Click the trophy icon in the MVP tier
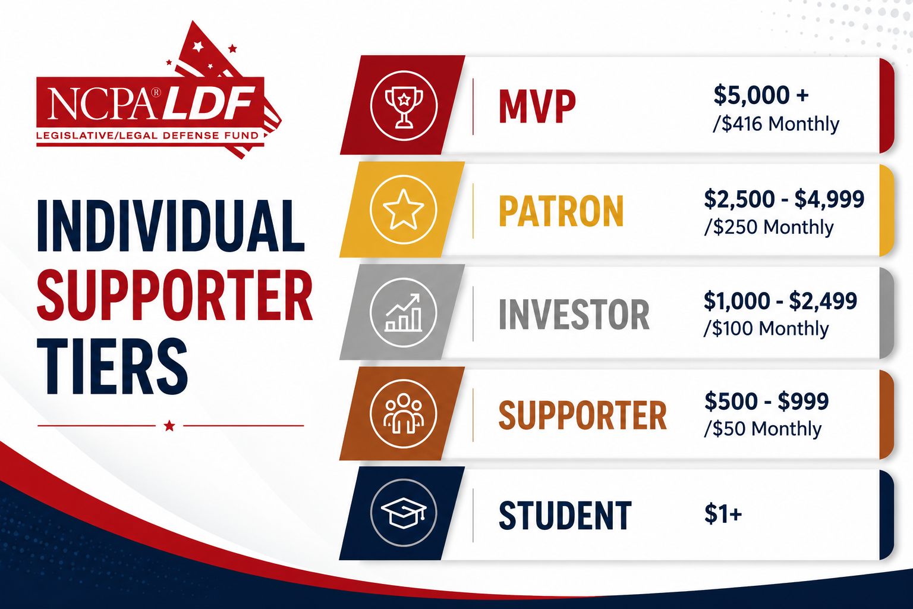click(404, 106)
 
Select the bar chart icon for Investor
click(404, 312)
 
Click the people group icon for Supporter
click(404, 413)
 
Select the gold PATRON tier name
click(561, 211)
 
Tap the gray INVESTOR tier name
click(574, 314)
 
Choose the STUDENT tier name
click(565, 516)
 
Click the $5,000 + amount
click(761, 95)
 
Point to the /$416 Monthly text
click(776, 124)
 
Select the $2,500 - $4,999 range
click(784, 199)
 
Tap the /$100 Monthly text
click(766, 328)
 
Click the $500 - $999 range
click(766, 401)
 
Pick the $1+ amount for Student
click(723, 513)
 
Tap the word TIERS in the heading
click(112, 366)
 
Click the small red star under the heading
click(169, 426)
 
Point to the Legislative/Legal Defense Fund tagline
click(147, 136)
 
